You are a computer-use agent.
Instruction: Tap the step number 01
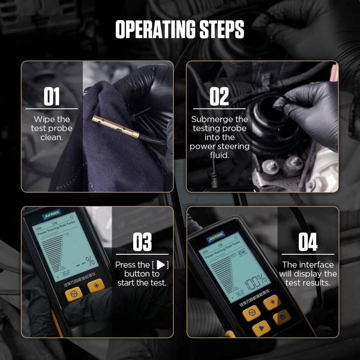point(51,96)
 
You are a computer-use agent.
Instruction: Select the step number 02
point(219,96)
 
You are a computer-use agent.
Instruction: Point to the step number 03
point(142,243)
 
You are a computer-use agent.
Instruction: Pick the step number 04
point(308,243)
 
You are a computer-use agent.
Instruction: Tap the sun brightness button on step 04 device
point(272,303)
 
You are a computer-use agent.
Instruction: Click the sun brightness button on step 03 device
point(96,285)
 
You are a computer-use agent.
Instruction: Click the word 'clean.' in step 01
point(51,137)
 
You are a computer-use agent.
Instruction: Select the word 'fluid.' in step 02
point(219,155)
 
